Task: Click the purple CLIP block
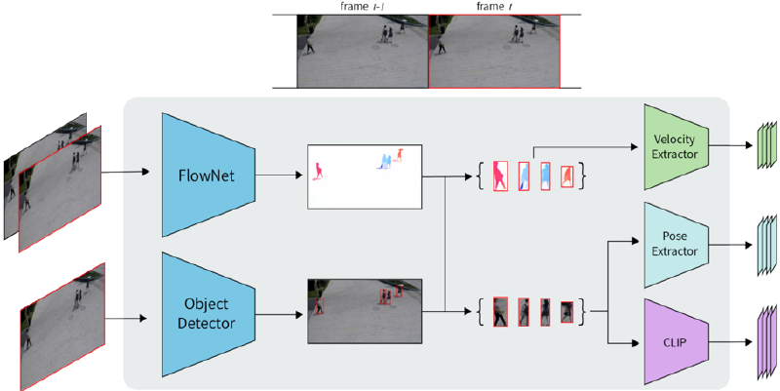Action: point(675,342)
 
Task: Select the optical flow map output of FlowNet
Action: point(366,176)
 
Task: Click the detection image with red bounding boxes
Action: point(366,311)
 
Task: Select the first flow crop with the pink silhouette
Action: point(501,176)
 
